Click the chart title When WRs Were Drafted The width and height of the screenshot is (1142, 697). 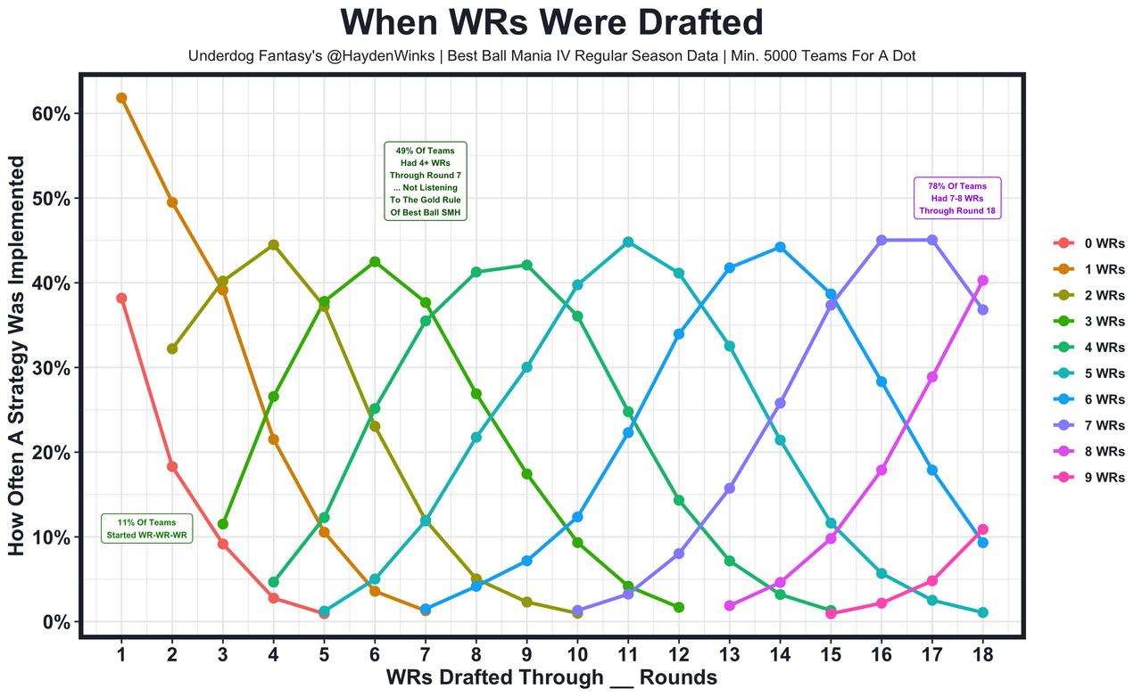tap(552, 23)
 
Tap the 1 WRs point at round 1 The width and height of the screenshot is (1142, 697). tap(121, 98)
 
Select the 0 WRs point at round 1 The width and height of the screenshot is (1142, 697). tap(121, 299)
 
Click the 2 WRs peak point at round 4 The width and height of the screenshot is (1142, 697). tap(273, 245)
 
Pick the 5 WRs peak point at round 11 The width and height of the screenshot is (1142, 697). tap(628, 242)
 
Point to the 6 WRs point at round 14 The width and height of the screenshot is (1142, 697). tap(780, 247)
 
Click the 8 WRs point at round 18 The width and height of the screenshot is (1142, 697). tap(982, 281)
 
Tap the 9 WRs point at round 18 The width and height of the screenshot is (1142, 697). tap(982, 529)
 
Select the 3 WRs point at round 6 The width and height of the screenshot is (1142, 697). tap(375, 262)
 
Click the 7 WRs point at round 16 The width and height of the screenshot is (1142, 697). tap(881, 240)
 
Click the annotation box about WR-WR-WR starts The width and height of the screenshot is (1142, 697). tap(147, 529)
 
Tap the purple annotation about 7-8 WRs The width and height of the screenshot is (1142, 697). tap(956, 199)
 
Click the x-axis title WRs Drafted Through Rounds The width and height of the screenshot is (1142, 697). tap(551, 678)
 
